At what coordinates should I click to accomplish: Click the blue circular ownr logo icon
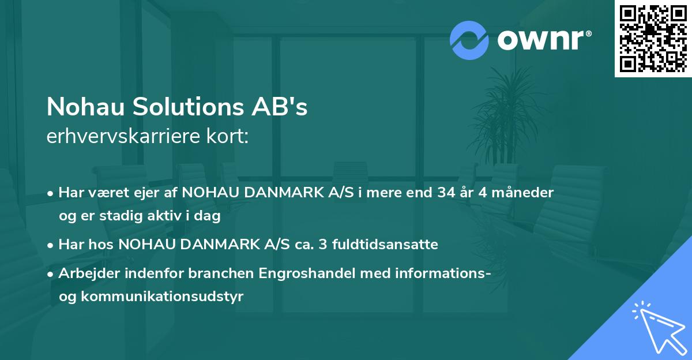point(469,40)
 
